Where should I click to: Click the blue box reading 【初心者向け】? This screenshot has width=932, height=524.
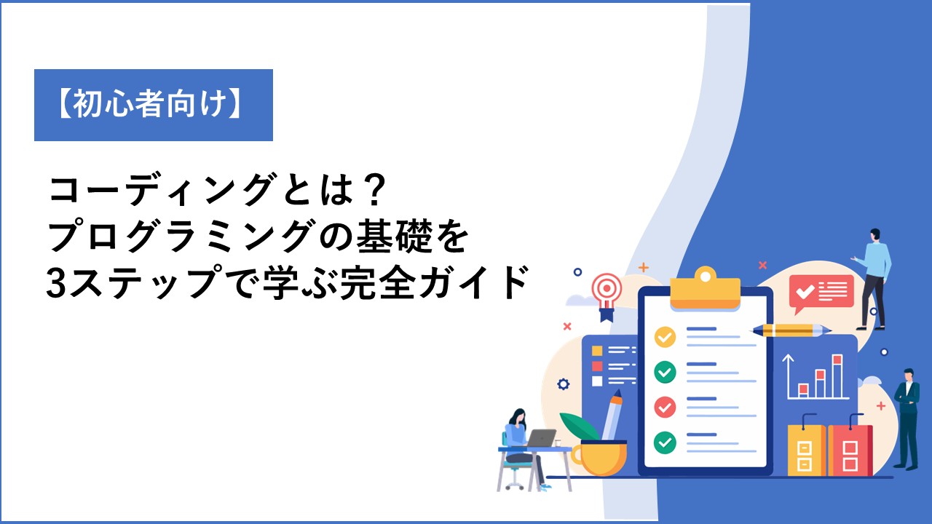(x=154, y=106)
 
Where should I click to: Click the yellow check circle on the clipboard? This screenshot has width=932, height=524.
(x=665, y=337)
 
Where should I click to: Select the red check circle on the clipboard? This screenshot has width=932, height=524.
(x=665, y=407)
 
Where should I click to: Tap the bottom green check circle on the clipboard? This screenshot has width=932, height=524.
(x=665, y=442)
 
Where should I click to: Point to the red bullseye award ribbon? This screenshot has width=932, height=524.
(x=607, y=296)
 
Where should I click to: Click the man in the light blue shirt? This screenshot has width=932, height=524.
(x=874, y=279)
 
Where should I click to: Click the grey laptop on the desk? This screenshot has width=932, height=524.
(x=541, y=438)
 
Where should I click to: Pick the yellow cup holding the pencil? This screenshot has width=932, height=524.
(x=599, y=458)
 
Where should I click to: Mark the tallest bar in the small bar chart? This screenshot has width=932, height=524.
(x=837, y=376)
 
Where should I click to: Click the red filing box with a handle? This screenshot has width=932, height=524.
(x=850, y=448)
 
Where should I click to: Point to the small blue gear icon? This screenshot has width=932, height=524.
(x=564, y=384)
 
